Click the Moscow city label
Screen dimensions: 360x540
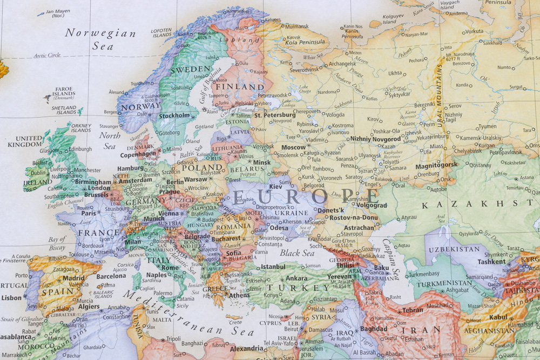[x=294, y=147]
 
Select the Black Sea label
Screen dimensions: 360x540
[x=297, y=253]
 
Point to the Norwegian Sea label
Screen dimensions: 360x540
[x=100, y=39]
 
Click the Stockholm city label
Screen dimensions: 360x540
[x=174, y=116]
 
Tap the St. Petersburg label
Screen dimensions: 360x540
[x=275, y=115]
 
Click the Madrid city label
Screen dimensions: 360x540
[x=73, y=278]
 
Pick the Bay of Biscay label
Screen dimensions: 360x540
[x=57, y=243]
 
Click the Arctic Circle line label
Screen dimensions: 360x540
[x=47, y=55]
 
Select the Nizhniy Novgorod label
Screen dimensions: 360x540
[x=375, y=139]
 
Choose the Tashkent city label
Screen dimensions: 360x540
[x=491, y=261]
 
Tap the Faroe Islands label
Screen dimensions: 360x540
[x=64, y=93]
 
